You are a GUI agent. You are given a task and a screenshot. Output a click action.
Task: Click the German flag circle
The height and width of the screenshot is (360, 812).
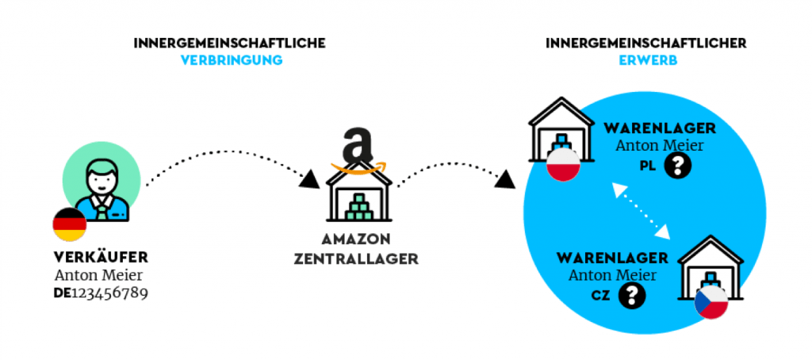[x=70, y=224]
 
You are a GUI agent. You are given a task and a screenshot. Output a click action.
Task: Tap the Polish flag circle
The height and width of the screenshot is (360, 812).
[x=564, y=164]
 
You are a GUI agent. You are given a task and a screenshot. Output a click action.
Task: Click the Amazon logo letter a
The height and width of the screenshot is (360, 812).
[x=357, y=146]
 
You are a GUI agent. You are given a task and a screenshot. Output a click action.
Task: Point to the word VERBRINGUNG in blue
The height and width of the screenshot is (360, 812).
[x=232, y=60]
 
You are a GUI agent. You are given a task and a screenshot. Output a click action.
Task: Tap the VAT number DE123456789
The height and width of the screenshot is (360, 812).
[x=101, y=293]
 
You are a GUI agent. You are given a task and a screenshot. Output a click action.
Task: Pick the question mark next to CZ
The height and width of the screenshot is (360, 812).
[x=632, y=296]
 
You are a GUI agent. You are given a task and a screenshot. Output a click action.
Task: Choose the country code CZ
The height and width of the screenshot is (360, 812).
[x=601, y=296]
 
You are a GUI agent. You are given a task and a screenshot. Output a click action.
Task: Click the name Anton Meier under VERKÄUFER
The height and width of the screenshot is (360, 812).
[x=98, y=275]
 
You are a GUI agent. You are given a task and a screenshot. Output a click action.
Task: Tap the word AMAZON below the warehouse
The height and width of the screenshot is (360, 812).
[x=356, y=239]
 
